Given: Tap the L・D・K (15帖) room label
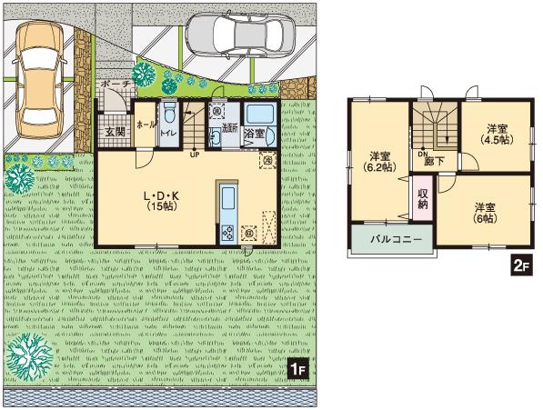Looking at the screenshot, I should click(161, 200).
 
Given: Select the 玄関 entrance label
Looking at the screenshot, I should click(114, 131).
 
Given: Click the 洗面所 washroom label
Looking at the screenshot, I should click(229, 132).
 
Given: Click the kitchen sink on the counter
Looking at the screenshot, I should click(226, 199).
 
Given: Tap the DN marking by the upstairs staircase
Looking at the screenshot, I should click(423, 154).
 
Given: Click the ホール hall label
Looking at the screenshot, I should click(144, 124).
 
